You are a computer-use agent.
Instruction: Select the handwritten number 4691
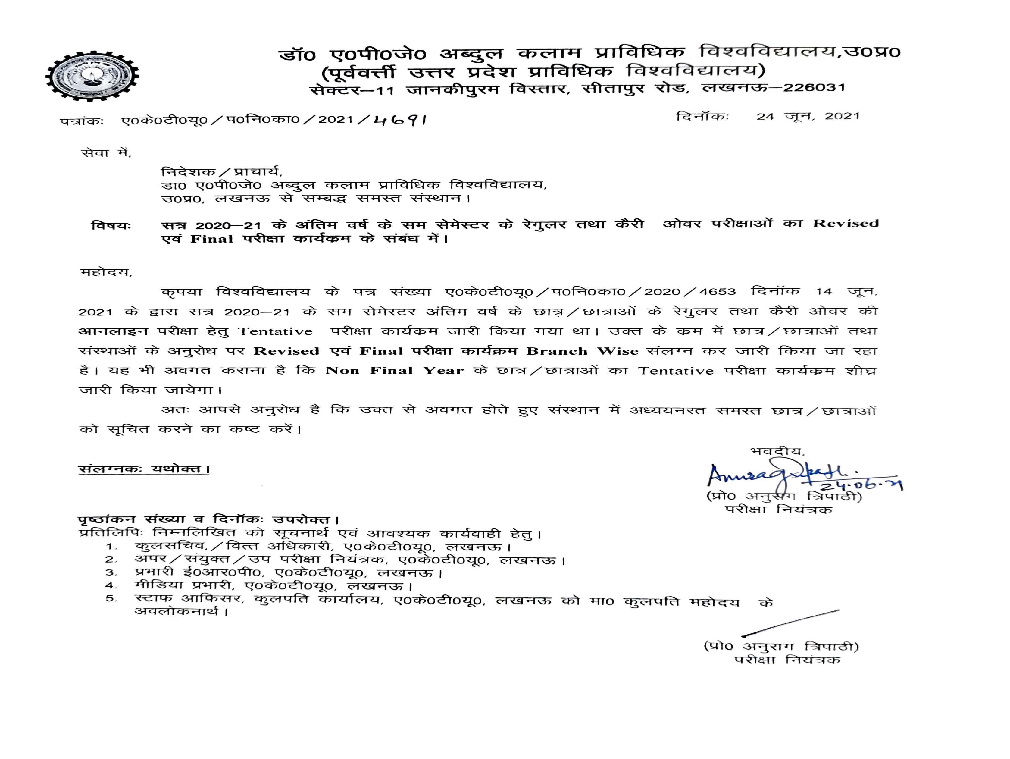coord(399,121)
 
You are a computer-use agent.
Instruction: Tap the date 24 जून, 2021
coord(808,116)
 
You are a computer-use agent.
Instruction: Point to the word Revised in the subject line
coord(845,224)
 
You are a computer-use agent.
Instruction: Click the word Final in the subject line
coord(211,239)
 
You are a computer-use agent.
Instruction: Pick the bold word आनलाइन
coord(113,331)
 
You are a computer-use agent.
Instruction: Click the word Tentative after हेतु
coord(275,331)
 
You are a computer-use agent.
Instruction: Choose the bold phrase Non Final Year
coord(395,371)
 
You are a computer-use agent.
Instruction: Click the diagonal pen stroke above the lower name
coord(790,623)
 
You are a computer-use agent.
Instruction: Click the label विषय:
coord(111,225)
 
